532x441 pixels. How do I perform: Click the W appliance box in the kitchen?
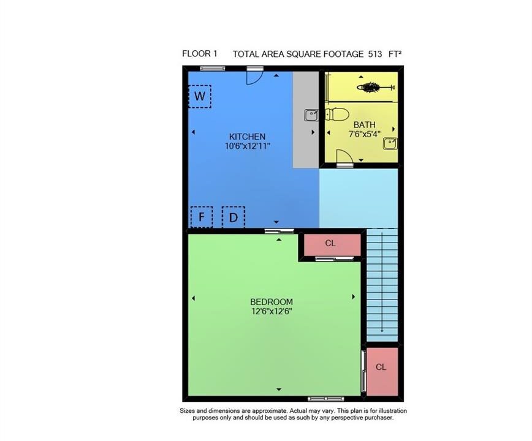(200, 97)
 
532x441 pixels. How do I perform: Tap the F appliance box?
(202, 217)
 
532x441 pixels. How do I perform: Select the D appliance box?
(234, 217)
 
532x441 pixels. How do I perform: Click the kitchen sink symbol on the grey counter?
(311, 115)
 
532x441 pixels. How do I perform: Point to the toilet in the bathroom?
(336, 115)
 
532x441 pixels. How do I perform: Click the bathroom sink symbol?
(390, 143)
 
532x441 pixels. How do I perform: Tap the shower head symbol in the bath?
(376, 88)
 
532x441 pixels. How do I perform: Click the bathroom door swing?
(344, 156)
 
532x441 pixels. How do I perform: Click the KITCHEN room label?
(248, 137)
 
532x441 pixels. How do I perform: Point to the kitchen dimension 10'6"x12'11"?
(248, 146)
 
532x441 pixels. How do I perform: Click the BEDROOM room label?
(272, 302)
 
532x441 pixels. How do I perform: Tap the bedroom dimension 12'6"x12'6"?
(272, 311)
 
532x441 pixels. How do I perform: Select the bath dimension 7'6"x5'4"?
(365, 134)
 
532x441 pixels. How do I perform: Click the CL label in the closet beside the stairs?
(330, 243)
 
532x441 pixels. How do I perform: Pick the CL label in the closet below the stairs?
(381, 367)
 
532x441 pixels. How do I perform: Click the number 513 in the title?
(375, 54)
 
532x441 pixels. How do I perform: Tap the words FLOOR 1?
(200, 53)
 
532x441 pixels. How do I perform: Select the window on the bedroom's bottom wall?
(325, 399)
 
